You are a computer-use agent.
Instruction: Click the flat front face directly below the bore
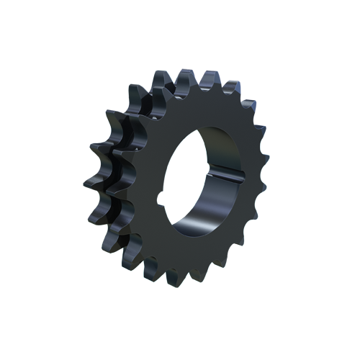[198, 256]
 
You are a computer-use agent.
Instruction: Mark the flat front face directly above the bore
[209, 108]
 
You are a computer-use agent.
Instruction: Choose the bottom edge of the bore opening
[194, 238]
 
